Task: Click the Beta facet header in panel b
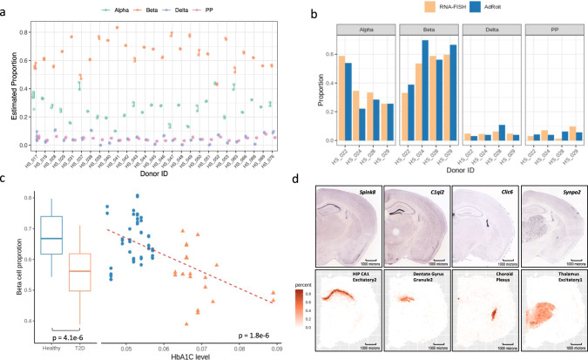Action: (x=422, y=30)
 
